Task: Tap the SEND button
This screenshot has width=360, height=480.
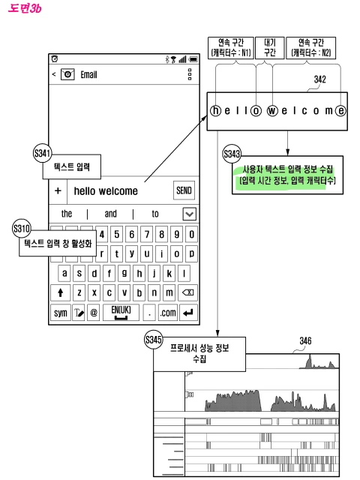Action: click(x=184, y=190)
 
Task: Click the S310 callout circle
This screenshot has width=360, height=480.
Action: click(x=21, y=227)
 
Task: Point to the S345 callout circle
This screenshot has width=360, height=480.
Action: click(x=153, y=340)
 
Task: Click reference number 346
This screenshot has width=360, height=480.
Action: click(x=305, y=342)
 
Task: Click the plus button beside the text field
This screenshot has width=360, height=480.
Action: click(x=58, y=190)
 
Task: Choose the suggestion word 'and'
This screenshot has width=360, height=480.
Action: click(x=110, y=213)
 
